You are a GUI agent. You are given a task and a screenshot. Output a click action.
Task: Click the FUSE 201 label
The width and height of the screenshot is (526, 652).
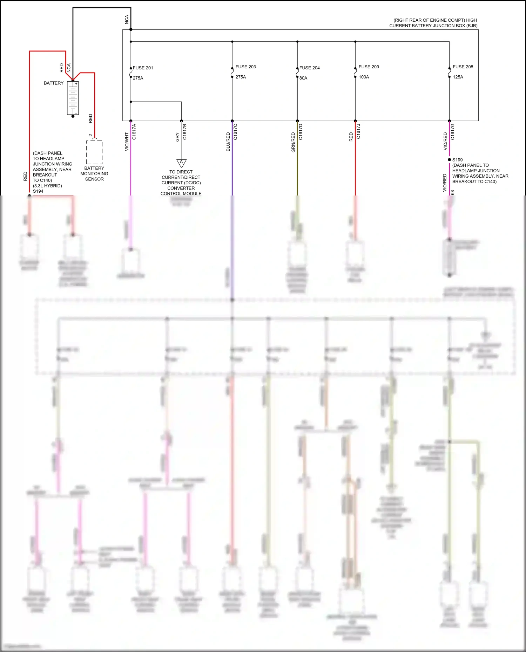pos(143,68)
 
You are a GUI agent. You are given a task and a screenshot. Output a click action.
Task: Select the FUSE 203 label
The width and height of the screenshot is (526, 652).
pos(245,67)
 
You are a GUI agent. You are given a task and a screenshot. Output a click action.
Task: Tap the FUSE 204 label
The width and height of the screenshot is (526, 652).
pos(309,68)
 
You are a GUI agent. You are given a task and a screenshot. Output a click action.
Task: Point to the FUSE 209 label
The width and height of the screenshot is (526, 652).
pos(369,67)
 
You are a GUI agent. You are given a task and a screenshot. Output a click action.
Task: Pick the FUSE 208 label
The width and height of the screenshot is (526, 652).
pos(463,67)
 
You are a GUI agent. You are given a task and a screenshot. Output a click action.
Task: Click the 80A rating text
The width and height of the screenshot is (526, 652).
pos(303,78)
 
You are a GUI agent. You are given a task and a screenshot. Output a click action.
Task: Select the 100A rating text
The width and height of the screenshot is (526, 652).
pos(364,77)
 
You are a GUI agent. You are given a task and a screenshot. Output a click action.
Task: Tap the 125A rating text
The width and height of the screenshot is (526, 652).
pos(458,77)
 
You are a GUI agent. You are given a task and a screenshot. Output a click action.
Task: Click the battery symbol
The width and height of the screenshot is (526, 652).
pos(73,98)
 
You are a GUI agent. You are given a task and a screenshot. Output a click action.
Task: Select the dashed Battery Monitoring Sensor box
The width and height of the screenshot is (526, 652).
pos(95,152)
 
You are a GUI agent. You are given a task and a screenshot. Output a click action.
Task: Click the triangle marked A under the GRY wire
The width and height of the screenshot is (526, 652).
pos(181,163)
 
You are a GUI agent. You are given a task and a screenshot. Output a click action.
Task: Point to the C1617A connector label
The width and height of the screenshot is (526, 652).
pos(134,132)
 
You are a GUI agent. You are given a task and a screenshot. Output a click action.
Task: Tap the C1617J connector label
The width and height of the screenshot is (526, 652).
pos(358,131)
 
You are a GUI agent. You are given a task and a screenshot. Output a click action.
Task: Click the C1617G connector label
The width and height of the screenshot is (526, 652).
pos(453,132)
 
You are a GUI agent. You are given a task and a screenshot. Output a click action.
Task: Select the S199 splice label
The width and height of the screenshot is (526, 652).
pos(457,160)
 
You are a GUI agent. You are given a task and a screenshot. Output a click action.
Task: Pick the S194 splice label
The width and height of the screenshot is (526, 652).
pos(38,191)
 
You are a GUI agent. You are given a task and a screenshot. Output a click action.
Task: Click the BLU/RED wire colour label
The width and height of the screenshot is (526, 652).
pos(228,142)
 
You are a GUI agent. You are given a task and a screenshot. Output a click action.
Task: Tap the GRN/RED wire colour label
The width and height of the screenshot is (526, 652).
pos(293,142)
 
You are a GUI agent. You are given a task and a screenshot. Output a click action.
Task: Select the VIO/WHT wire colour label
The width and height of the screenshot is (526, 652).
pos(127,142)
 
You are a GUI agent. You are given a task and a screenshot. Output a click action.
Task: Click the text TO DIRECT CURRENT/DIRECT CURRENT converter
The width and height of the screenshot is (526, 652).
pos(181,183)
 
